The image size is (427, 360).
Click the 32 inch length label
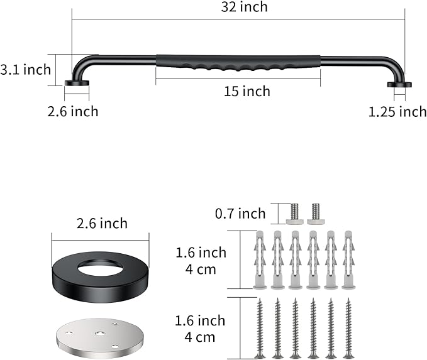pyautogui.click(x=244, y=7)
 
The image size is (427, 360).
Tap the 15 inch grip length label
pyautogui.click(x=247, y=91)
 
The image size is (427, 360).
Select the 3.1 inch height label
pyautogui.click(x=26, y=70)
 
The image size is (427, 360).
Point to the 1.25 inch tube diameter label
pyautogui.click(x=397, y=112)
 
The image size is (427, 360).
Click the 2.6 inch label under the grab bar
pyautogui.click(x=73, y=112)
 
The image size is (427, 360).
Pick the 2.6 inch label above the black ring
pyautogui.click(x=102, y=224)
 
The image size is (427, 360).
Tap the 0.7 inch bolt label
pyautogui.click(x=240, y=214)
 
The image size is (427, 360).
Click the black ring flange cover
pyautogui.click(x=100, y=276)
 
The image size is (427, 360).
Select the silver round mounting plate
pyautogui.click(x=100, y=337)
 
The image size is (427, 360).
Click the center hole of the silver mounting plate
pyautogui.click(x=99, y=334)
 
